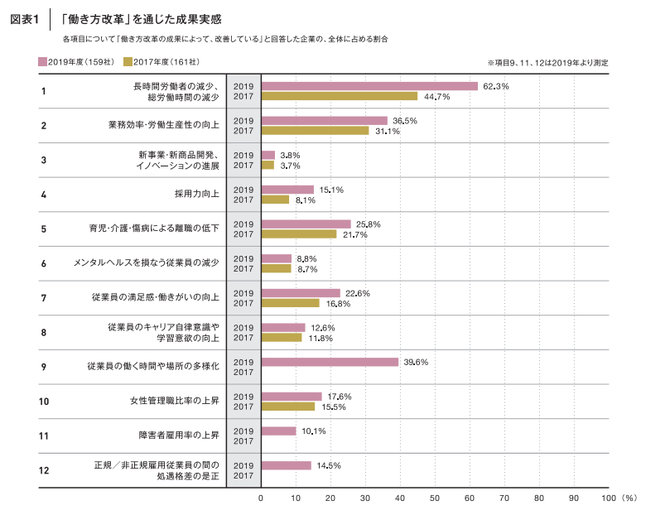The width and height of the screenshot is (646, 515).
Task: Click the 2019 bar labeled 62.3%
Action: tap(369, 86)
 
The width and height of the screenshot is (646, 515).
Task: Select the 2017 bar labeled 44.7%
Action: tap(339, 97)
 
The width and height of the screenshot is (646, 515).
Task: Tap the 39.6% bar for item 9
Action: tap(330, 362)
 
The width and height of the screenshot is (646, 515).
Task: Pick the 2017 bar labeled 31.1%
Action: tap(315, 131)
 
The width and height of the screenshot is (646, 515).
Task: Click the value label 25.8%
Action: tap(368, 224)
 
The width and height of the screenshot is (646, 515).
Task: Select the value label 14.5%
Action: tap(329, 465)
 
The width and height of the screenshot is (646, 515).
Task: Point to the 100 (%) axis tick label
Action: tap(618, 498)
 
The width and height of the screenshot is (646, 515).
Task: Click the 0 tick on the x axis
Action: tap(261, 498)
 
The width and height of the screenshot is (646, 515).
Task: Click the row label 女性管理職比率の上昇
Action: tap(174, 402)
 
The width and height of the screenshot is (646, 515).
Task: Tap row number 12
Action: tap(45, 470)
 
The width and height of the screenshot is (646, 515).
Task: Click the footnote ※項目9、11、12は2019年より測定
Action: tap(560, 63)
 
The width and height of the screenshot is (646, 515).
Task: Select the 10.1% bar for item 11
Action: tap(278, 431)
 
